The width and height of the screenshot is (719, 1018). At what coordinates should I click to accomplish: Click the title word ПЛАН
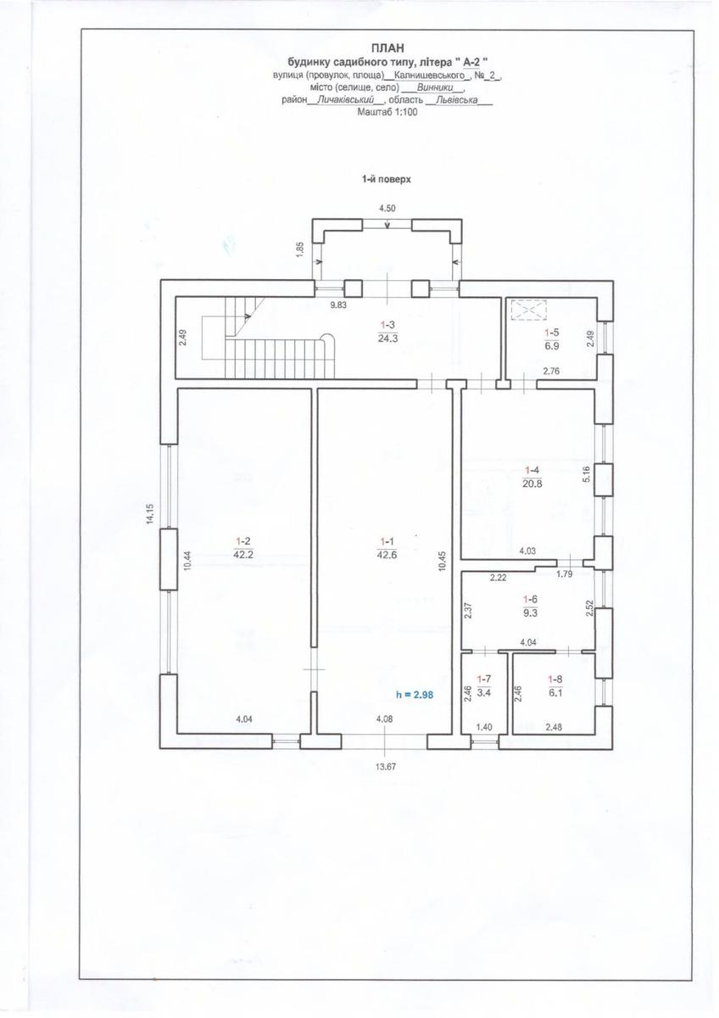(387, 48)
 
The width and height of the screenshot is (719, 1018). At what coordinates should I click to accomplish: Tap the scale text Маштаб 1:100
(387, 112)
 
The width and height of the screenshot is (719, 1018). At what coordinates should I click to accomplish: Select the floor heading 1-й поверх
(386, 180)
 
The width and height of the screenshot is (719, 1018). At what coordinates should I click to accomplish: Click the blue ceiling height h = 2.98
(415, 695)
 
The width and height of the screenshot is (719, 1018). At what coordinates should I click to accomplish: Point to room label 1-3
(387, 325)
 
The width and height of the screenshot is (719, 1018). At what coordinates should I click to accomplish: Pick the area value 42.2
(242, 555)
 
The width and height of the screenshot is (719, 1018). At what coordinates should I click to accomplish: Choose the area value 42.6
(387, 555)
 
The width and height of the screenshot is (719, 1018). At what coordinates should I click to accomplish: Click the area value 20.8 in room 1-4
(532, 484)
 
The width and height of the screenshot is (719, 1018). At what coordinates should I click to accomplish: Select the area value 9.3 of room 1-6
(531, 612)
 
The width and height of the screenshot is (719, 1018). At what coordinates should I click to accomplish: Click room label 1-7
(484, 679)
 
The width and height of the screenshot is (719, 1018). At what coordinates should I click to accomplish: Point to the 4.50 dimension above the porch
(387, 209)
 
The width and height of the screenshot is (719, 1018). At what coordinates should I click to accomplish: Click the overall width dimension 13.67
(386, 767)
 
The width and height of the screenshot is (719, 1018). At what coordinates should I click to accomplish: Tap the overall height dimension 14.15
(150, 514)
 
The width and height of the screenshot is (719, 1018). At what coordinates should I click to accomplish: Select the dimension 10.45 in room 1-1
(443, 561)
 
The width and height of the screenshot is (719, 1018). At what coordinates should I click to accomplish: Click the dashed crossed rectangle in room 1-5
(528, 310)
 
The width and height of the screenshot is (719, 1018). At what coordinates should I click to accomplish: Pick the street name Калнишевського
(429, 75)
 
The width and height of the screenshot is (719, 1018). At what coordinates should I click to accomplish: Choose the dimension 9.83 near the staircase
(338, 305)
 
